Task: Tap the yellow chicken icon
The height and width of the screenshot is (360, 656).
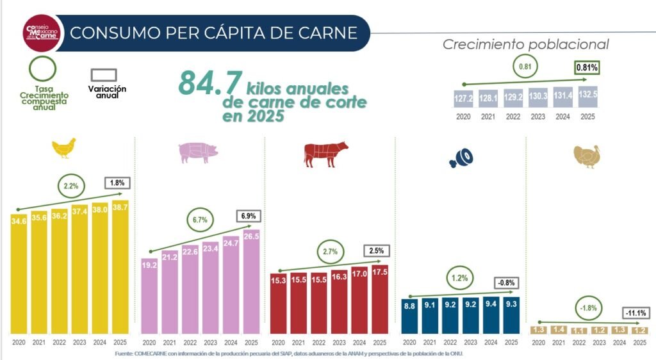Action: (x=63, y=148)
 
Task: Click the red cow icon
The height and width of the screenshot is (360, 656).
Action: (x=325, y=154)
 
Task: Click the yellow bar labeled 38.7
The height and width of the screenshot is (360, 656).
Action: (x=120, y=269)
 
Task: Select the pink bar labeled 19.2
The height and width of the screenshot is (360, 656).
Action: (x=149, y=295)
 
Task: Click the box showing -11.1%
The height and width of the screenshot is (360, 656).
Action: (x=635, y=313)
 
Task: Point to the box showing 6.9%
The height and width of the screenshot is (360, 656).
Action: (x=247, y=217)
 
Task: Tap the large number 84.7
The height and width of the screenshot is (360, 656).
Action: (x=210, y=83)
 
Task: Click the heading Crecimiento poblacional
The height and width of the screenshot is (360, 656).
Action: (x=525, y=44)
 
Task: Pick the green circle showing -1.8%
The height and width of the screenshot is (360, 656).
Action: (x=587, y=307)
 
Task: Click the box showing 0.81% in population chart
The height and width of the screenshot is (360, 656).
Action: (x=586, y=67)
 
